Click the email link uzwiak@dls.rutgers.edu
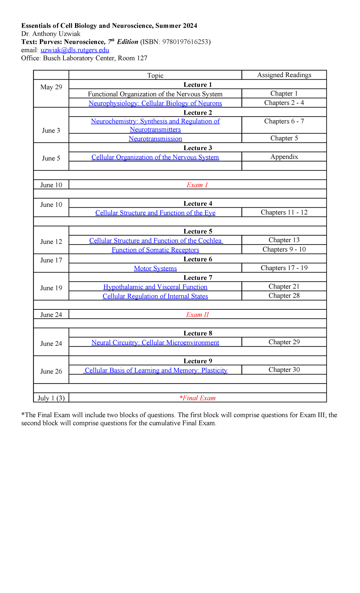(x=75, y=50)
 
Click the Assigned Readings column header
(x=284, y=75)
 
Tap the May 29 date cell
(x=51, y=87)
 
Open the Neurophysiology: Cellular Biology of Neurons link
(x=155, y=103)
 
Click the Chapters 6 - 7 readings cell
(x=284, y=122)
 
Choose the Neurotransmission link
(x=155, y=139)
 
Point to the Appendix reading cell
(x=284, y=157)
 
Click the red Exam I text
(x=197, y=185)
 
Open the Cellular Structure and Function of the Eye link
(x=155, y=213)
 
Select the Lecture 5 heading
(x=197, y=231)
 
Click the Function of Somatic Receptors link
(x=155, y=250)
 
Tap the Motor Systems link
(x=155, y=268)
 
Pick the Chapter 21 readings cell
(x=284, y=287)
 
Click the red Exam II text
(x=197, y=315)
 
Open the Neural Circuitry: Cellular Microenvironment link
(x=155, y=342)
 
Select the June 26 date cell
(x=51, y=372)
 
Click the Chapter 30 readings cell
(x=284, y=370)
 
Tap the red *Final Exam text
(x=197, y=398)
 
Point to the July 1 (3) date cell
(x=51, y=398)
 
